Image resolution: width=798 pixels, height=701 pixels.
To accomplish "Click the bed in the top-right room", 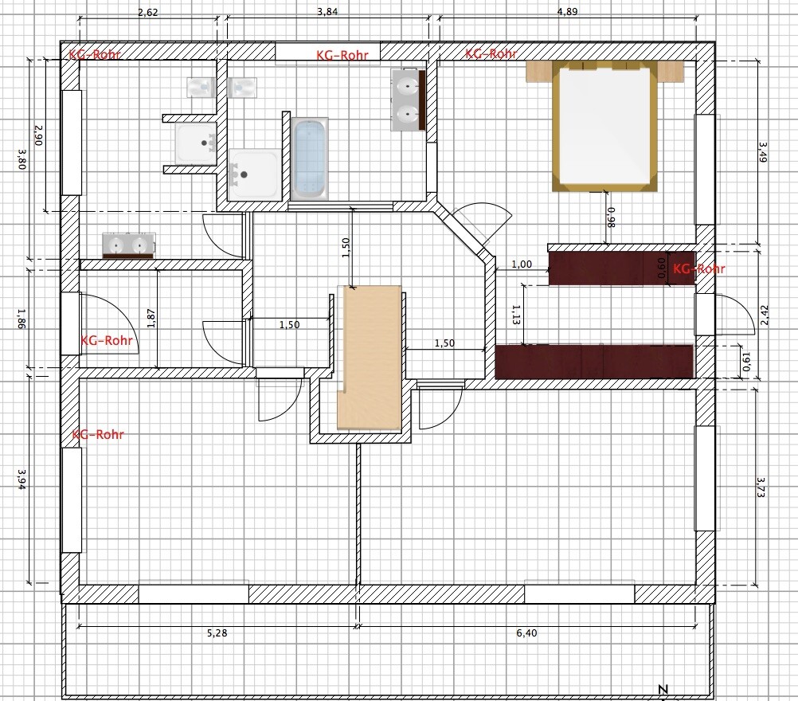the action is (604, 126).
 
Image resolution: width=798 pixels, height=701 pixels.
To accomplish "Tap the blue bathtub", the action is (310, 159).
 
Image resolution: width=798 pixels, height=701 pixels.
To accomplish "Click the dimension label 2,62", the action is (148, 13).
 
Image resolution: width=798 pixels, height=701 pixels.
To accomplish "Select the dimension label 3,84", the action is (327, 12).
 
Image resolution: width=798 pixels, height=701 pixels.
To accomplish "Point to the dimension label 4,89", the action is (568, 12).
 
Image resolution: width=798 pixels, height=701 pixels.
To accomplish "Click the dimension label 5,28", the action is (217, 632).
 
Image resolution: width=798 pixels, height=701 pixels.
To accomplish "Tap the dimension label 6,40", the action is (526, 632).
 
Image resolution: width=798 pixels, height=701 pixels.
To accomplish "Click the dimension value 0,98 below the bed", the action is (611, 217).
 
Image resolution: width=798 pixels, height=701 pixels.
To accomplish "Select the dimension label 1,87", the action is (151, 318).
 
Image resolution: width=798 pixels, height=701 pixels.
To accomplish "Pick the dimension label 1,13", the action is (516, 315).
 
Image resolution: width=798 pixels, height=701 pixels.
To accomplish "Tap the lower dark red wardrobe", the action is (594, 362).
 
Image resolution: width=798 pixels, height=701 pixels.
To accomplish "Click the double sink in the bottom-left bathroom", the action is (128, 246).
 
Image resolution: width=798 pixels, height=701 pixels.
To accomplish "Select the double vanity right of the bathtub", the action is (409, 100).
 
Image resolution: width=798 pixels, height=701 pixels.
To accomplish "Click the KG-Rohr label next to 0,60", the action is (698, 268).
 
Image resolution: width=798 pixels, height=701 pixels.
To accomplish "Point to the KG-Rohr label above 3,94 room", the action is (98, 434).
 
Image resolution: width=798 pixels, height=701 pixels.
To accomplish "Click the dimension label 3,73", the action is (761, 487).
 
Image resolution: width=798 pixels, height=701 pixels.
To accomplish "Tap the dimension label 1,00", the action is (522, 264).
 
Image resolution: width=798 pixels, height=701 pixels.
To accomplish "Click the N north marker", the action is (663, 689).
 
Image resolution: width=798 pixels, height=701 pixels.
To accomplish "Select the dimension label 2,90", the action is (39, 135).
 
